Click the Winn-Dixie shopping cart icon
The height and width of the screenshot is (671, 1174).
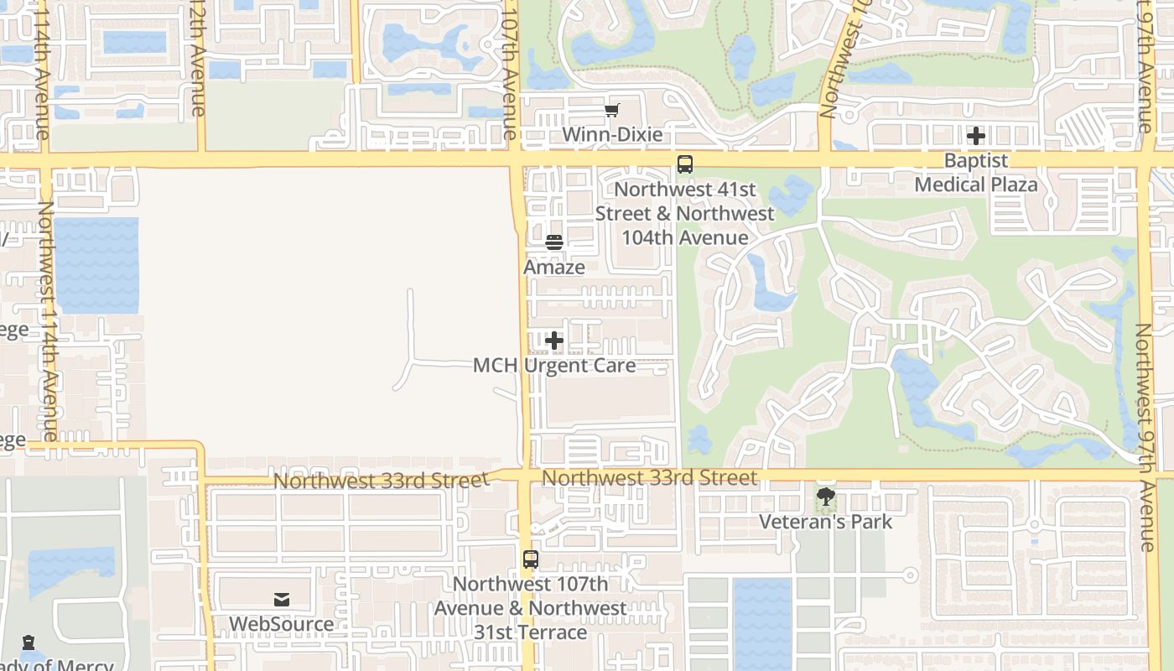(612, 110)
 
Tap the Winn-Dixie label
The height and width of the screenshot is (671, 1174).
(612, 134)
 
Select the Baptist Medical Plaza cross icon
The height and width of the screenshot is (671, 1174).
(976, 135)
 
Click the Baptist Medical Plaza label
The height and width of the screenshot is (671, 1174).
(976, 172)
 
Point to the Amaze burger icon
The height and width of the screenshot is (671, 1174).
(554, 242)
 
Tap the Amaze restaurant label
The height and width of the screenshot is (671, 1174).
(554, 267)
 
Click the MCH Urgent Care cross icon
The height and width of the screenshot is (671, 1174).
(554, 341)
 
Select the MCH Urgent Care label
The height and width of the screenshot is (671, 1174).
(554, 365)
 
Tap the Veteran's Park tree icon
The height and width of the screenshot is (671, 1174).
(826, 497)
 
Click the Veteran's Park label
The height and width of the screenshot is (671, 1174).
(826, 522)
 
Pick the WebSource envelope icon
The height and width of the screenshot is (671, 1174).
(282, 600)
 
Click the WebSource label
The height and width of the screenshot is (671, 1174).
(282, 624)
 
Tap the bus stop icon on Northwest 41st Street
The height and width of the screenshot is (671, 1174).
(685, 164)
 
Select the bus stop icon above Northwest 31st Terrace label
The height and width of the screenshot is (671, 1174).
(530, 559)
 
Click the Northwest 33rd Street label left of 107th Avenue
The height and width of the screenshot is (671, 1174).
(380, 481)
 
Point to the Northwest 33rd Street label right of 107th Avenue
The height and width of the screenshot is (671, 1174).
(650, 477)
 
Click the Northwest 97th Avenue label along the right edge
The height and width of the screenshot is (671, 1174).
(1145, 436)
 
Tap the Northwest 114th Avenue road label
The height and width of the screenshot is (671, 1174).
(47, 319)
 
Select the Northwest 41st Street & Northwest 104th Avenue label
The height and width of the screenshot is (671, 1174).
(685, 214)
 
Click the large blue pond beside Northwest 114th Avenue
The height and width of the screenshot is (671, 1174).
(96, 265)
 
